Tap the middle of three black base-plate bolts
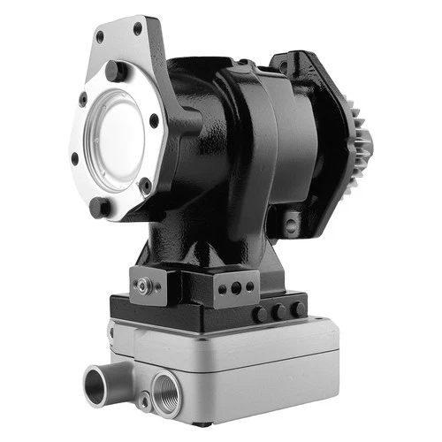[278, 312]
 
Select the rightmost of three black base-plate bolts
[299, 309]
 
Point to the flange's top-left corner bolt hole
[99, 36]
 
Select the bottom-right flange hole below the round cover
[144, 183]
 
